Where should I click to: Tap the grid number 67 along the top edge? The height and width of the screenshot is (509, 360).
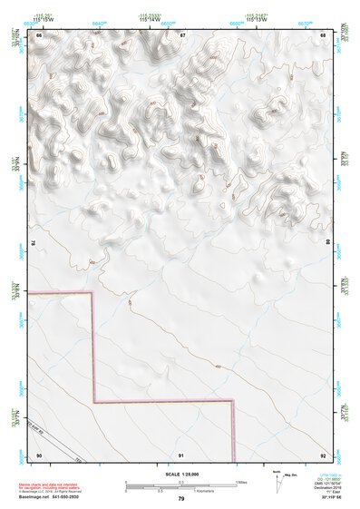click(x=182, y=34)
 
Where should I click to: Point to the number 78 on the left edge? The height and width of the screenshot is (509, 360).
click(x=34, y=243)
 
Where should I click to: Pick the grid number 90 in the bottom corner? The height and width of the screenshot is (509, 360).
click(x=39, y=455)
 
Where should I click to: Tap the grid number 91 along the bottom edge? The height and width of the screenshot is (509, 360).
click(x=181, y=455)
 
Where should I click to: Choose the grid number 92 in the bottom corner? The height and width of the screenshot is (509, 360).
click(x=323, y=455)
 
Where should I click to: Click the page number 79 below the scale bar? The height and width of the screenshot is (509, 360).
click(x=180, y=499)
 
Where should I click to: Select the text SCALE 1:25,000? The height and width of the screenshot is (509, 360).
click(x=180, y=475)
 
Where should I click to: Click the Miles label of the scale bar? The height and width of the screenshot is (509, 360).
click(x=240, y=482)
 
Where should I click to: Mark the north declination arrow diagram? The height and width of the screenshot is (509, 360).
click(x=277, y=480)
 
